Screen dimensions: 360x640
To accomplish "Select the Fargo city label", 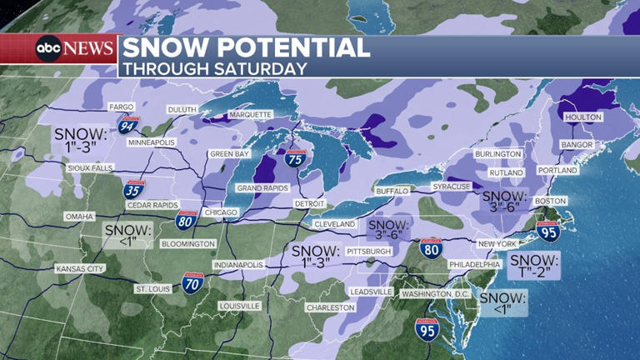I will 122,107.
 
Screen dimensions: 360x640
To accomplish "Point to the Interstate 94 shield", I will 151,126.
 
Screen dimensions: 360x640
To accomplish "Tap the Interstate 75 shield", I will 294,157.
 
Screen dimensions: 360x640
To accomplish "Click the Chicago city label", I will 221,212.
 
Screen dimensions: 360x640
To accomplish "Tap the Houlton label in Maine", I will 582,117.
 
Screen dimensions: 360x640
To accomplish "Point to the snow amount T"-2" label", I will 533,265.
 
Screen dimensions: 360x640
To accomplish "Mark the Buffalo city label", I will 392,191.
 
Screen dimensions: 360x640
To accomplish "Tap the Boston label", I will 551,201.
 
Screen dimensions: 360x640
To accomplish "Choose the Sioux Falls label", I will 91,168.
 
